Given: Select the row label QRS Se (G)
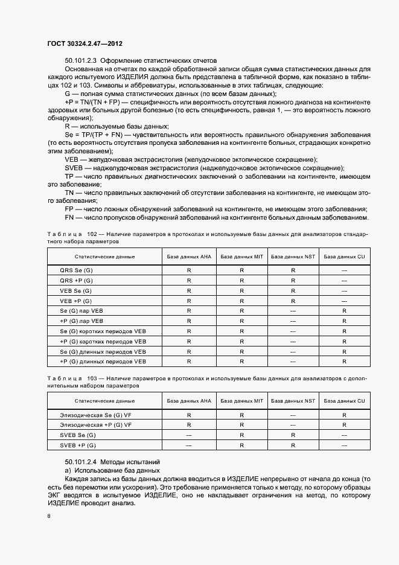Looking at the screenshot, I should click(76, 270).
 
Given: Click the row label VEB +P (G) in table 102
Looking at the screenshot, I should click(76, 301).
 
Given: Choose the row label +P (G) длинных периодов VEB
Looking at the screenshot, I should click(103, 361).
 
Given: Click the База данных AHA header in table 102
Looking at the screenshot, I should click(189, 257).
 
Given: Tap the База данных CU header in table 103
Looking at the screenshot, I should click(344, 401).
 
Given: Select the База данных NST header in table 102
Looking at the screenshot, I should click(293, 257).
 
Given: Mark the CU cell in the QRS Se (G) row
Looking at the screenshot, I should click(344, 270).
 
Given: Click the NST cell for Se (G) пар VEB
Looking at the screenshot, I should click(293, 310).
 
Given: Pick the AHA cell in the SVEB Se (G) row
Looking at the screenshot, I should click(189, 435).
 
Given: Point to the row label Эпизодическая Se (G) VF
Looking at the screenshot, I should click(95, 415).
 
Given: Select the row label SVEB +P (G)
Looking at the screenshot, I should click(78, 445).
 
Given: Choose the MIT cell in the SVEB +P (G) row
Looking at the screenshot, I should click(241, 445).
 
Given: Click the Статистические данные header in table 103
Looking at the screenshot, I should click(104, 401).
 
